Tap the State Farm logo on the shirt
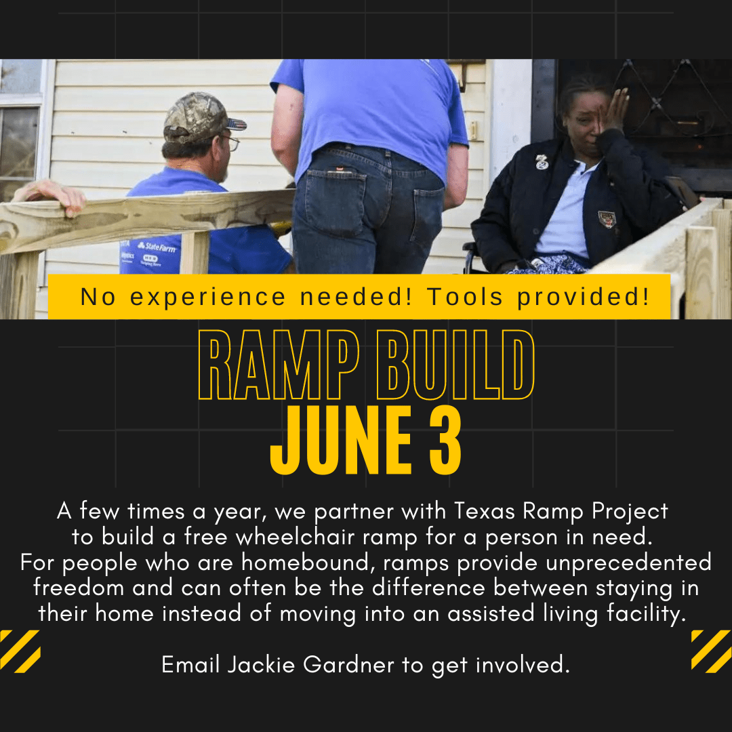click(157, 247)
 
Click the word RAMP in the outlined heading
click(279, 365)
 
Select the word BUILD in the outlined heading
click(455, 365)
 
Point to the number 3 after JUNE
click(445, 441)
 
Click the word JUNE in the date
click(341, 441)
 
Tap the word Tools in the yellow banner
click(465, 296)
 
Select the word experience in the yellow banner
click(207, 298)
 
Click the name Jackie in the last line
click(262, 664)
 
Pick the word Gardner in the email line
click(349, 664)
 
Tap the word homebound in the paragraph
click(308, 562)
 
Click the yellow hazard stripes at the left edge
click(20, 651)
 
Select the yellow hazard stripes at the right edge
click(712, 651)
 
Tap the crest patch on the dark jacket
click(607, 219)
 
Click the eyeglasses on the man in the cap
click(231, 142)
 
